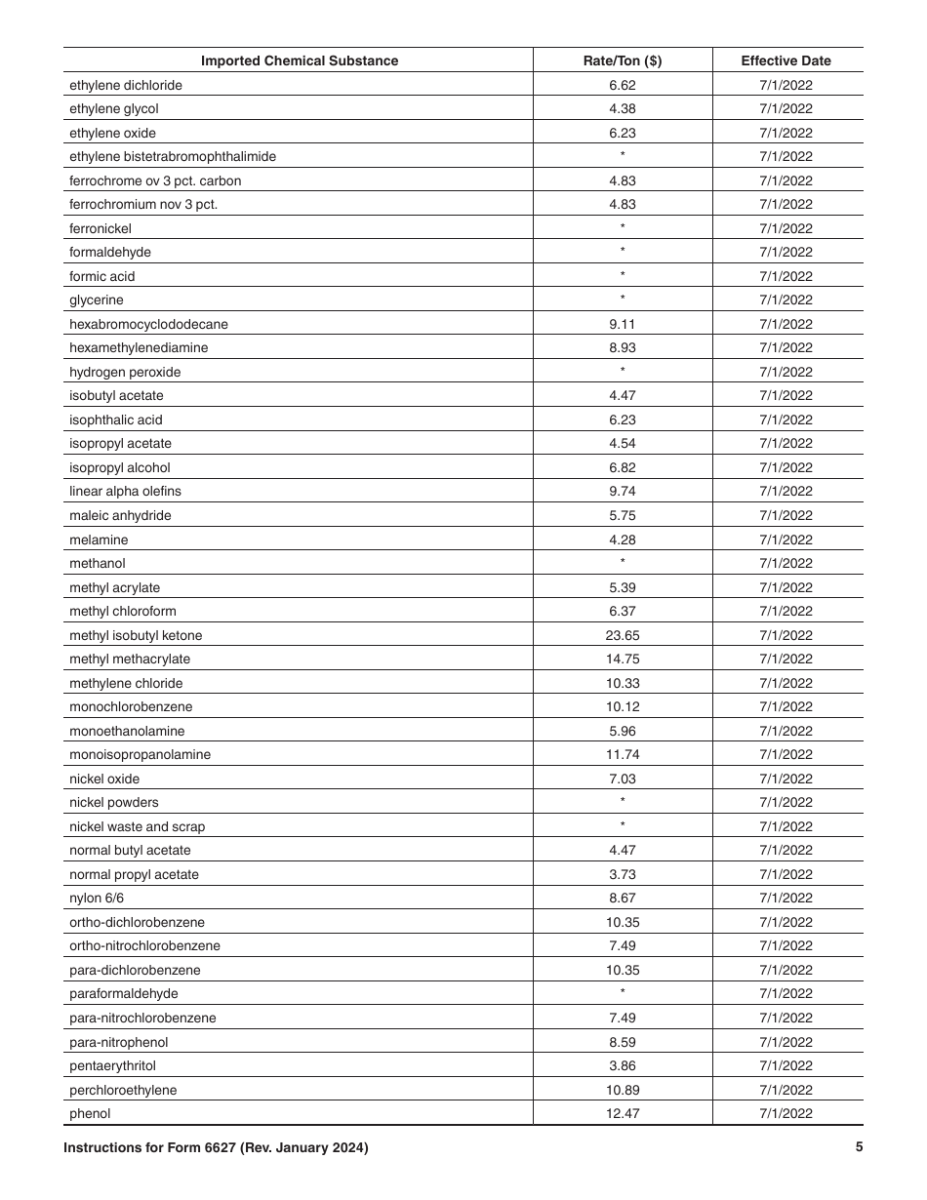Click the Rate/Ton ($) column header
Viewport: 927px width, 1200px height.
pyautogui.click(x=622, y=60)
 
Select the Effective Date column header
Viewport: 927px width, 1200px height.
pyautogui.click(x=786, y=60)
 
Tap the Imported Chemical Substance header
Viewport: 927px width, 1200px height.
pyautogui.click(x=300, y=60)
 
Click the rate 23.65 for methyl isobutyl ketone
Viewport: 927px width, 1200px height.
pyautogui.click(x=622, y=635)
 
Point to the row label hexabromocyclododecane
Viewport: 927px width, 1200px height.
pyautogui.click(x=148, y=324)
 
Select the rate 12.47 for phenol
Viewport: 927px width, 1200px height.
pyautogui.click(x=622, y=1113)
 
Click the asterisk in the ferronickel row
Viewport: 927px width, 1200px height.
pyautogui.click(x=622, y=227)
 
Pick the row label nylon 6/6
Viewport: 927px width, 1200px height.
pyautogui.click(x=97, y=898)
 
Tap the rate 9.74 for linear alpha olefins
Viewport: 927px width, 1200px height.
pyautogui.click(x=622, y=491)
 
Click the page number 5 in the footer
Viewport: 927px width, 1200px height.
pyautogui.click(x=859, y=1147)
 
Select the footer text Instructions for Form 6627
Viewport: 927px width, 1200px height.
pyautogui.click(x=216, y=1148)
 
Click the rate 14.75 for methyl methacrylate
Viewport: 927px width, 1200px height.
pyautogui.click(x=622, y=659)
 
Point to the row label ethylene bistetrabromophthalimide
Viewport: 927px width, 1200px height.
pyautogui.click(x=172, y=156)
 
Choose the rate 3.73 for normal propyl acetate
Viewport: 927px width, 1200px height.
pyautogui.click(x=622, y=874)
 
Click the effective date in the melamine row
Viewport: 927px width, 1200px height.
pyautogui.click(x=786, y=540)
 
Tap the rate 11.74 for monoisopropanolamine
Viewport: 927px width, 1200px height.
pyautogui.click(x=622, y=754)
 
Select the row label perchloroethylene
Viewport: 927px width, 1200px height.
pyautogui.click(x=123, y=1090)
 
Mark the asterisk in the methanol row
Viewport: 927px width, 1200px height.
pyautogui.click(x=622, y=562)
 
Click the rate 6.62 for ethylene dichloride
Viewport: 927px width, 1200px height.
pyautogui.click(x=622, y=85)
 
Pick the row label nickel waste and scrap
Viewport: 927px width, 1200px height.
pyautogui.click(x=137, y=826)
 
